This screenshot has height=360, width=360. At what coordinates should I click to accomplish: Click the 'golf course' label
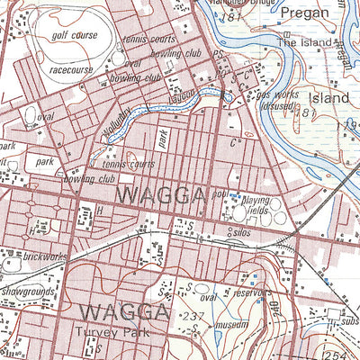[x=75, y=35]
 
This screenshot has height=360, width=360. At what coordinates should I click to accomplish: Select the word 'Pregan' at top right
[x=305, y=13]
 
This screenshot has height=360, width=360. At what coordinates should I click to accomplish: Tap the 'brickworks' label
[x=45, y=257]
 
